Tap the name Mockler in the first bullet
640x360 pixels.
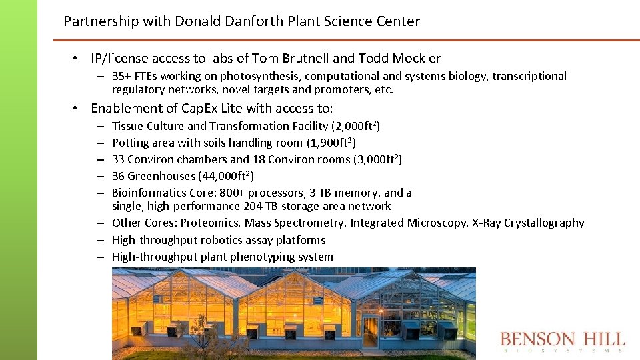coord(415,59)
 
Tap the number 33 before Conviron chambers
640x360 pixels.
coord(118,159)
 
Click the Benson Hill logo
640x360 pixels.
coord(562,341)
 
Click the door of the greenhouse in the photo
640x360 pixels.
coord(370,331)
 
